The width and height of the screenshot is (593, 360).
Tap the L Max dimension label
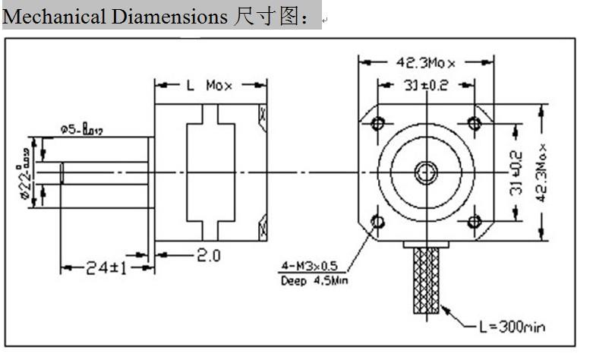[x=210, y=85]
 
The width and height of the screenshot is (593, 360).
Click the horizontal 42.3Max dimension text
[x=427, y=62]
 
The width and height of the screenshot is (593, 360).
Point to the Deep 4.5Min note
[x=314, y=282]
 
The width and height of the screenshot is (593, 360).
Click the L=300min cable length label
[x=512, y=327]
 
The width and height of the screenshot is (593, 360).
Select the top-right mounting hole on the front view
[x=475, y=122]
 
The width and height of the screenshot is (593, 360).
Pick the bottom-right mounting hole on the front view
[x=475, y=222]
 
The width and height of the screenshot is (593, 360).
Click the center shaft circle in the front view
[x=426, y=172]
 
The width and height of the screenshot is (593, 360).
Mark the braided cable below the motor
[x=426, y=281]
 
